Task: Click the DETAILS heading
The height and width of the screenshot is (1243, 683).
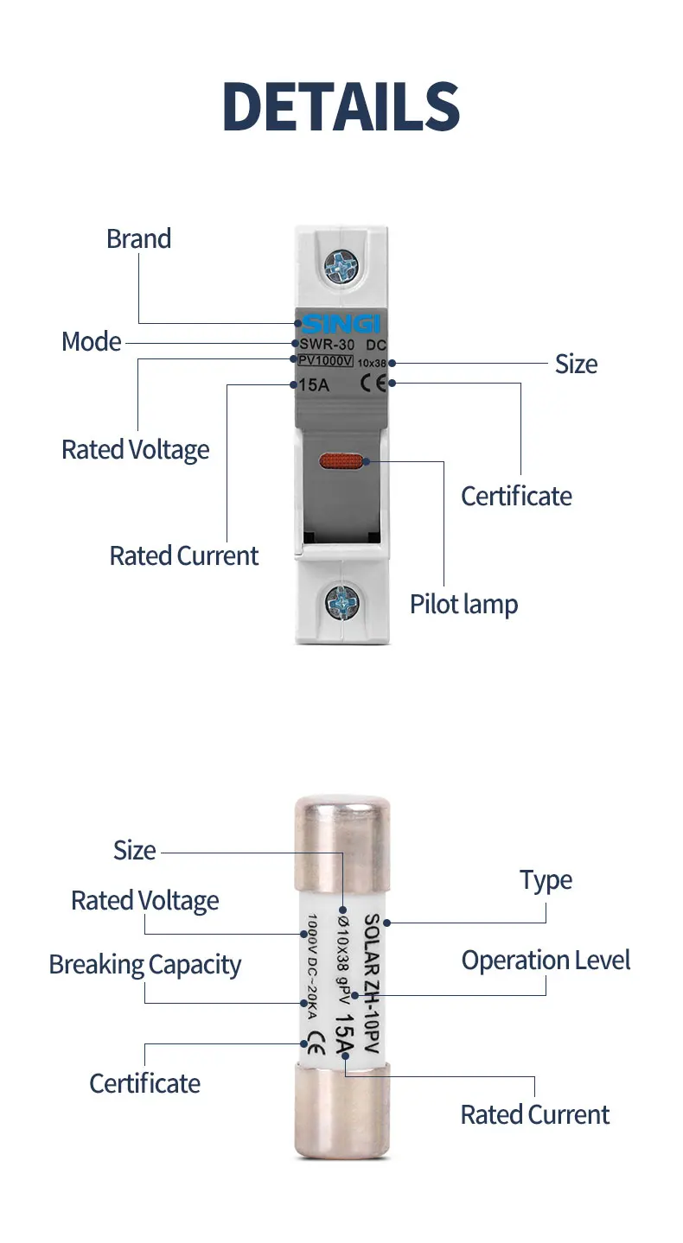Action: pyautogui.click(x=341, y=107)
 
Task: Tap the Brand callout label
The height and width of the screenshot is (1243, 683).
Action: pyautogui.click(x=138, y=239)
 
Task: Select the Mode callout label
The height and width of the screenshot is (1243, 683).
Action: pyautogui.click(x=91, y=342)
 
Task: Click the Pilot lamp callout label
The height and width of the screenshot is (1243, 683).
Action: pyautogui.click(x=463, y=605)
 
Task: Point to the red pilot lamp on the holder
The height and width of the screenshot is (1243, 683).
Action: pyautogui.click(x=341, y=462)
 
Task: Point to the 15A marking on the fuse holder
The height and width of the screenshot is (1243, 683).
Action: pyautogui.click(x=313, y=385)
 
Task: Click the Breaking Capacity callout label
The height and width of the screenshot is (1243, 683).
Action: pyautogui.click(x=144, y=965)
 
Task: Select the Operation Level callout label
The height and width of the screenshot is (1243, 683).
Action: pyautogui.click(x=546, y=961)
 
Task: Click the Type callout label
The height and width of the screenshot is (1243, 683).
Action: pyautogui.click(x=546, y=881)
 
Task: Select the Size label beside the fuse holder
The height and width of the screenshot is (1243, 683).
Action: pyautogui.click(x=576, y=365)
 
